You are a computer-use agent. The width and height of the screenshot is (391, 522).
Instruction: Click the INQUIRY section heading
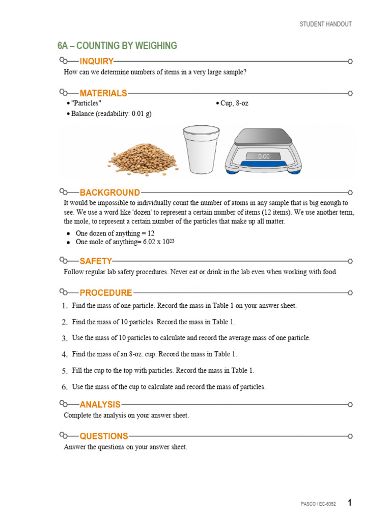click(96, 62)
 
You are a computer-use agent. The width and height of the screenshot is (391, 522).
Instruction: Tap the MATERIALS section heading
click(103, 93)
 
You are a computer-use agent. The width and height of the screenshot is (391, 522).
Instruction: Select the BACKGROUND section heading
click(109, 193)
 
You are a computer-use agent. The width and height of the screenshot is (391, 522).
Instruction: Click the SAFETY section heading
click(96, 262)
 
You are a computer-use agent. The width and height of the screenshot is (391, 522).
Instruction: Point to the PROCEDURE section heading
click(105, 293)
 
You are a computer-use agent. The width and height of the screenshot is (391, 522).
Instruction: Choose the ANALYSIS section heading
click(100, 405)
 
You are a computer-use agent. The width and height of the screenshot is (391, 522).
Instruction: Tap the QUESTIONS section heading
click(104, 436)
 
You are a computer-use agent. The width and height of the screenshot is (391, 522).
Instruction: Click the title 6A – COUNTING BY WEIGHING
click(117, 46)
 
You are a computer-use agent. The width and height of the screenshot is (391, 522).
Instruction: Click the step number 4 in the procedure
click(65, 354)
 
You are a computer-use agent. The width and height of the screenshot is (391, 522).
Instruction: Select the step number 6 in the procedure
click(65, 387)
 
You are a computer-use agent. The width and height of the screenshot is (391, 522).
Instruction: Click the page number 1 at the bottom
click(350, 503)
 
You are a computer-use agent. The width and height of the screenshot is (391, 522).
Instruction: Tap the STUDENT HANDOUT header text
click(325, 24)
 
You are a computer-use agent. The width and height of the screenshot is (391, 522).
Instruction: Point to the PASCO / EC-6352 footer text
click(318, 504)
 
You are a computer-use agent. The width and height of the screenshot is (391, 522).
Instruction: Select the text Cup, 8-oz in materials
click(234, 103)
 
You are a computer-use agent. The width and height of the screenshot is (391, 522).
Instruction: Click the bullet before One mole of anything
click(68, 243)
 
